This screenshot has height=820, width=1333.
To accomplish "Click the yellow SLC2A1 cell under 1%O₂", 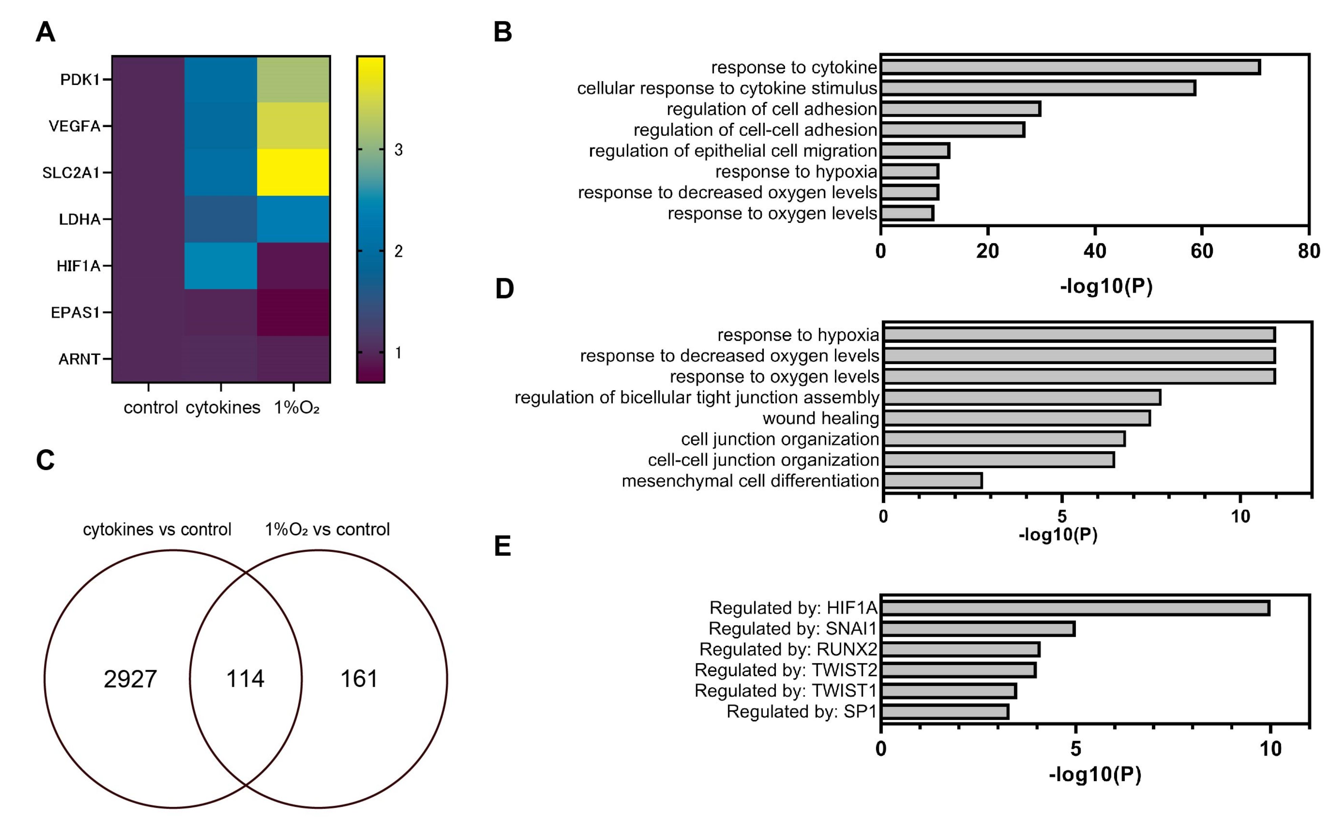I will pos(293,172).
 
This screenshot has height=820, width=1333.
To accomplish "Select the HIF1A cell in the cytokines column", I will pos(220,266).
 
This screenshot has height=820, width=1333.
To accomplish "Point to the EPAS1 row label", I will pos(75,312).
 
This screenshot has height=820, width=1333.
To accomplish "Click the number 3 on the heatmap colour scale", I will pos(398,150).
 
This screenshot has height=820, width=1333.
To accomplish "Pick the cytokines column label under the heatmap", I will pos(223,407).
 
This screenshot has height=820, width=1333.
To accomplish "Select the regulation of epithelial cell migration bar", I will pos(915,151).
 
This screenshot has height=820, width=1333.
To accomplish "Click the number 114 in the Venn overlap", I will pos(245,678).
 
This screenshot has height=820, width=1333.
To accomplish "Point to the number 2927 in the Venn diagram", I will pos(130,679).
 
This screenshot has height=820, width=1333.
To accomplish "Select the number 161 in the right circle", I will pos(359,678).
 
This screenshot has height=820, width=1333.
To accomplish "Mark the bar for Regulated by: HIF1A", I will pos(1075,608).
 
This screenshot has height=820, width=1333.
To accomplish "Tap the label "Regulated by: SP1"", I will pos(801,712).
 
